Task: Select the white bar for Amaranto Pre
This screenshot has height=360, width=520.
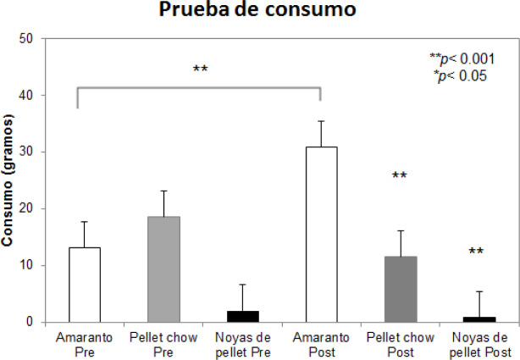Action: tap(84, 285)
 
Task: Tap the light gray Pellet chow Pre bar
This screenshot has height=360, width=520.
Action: tap(163, 269)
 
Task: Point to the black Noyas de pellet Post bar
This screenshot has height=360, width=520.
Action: tap(479, 318)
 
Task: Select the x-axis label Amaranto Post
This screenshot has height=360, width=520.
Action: tap(321, 344)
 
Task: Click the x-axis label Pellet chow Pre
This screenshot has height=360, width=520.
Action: tap(163, 344)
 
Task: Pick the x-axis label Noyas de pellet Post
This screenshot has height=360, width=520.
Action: tap(479, 344)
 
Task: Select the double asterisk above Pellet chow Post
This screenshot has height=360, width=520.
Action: tap(400, 177)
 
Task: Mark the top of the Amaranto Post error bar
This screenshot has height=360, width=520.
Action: tap(321, 121)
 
